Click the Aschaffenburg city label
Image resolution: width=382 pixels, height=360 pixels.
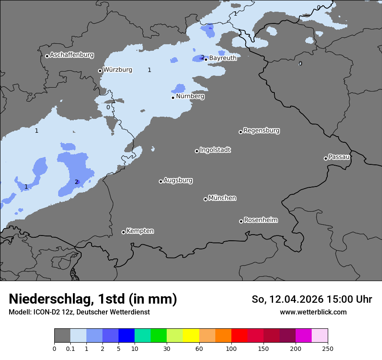point(72,55)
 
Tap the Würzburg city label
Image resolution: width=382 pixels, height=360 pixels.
point(117,69)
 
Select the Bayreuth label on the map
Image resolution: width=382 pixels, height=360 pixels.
point(223,58)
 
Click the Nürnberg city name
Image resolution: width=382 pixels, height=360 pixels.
point(190,96)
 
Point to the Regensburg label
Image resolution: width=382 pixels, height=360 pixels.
point(261,131)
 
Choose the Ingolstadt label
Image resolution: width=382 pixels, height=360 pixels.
point(215,150)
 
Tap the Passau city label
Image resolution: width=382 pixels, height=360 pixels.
point(339,157)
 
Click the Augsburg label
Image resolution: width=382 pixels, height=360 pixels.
point(178,180)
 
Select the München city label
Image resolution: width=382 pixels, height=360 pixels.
point(222,198)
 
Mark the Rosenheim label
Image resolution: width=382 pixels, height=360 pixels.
point(260,220)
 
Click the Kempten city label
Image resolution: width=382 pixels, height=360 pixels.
point(140,231)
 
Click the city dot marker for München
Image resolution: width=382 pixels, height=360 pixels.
point(205,199)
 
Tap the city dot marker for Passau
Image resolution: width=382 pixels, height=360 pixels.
point(326,158)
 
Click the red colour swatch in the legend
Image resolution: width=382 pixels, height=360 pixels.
point(239,336)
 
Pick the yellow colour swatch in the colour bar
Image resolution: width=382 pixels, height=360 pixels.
point(191,336)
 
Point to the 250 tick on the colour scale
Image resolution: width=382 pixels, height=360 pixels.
point(327,348)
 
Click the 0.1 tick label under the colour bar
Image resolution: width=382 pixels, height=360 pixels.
point(70,348)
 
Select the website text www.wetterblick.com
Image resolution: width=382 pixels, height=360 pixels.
point(313,312)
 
